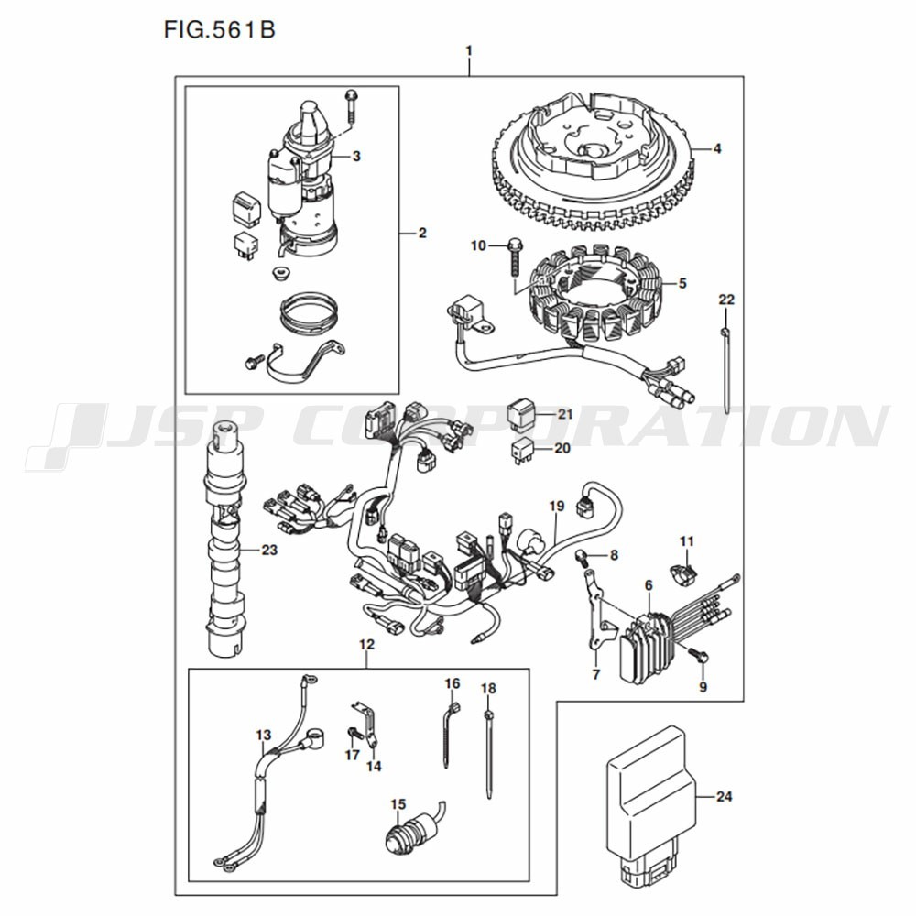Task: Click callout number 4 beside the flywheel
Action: click(x=717, y=147)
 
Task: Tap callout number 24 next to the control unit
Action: click(x=724, y=797)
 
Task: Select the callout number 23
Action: click(x=268, y=551)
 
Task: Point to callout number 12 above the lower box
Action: click(x=366, y=645)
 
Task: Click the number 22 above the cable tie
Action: click(x=726, y=300)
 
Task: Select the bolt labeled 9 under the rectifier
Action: click(x=700, y=656)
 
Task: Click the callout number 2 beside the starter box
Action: click(x=422, y=234)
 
